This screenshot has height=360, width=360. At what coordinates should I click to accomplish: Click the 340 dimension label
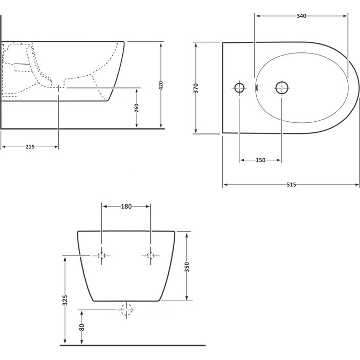tap(301, 16)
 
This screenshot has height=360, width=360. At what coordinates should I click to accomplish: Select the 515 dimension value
tap(291, 185)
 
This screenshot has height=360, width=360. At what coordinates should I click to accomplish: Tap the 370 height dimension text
tap(195, 88)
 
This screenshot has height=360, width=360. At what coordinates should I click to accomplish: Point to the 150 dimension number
tap(260, 160)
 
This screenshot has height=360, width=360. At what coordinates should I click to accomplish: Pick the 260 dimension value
tap(137, 107)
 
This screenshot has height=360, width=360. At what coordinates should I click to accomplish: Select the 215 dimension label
tap(30, 147)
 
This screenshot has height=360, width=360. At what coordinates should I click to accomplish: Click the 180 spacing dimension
tap(126, 206)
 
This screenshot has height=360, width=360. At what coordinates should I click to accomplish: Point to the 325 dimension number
tap(65, 301)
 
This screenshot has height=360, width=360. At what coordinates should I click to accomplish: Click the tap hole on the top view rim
tap(240, 87)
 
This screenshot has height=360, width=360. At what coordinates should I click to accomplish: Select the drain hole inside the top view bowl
tap(281, 87)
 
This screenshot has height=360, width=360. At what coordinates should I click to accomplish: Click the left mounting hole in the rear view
tap(102, 256)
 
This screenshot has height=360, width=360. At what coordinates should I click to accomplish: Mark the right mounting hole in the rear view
tap(150, 256)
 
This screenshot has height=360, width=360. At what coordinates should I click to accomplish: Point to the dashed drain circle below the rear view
tap(127, 310)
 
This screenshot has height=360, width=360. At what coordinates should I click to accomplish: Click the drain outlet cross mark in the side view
tap(58, 87)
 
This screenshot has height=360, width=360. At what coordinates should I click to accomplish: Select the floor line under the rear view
tap(132, 345)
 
